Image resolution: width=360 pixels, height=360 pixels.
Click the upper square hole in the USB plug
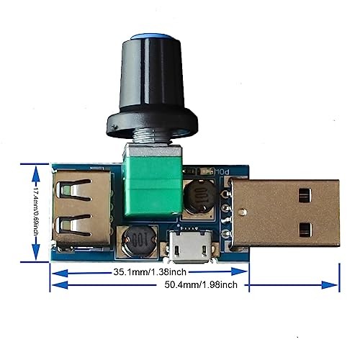(305, 194)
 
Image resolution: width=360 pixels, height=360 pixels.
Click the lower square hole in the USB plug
(305, 230)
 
